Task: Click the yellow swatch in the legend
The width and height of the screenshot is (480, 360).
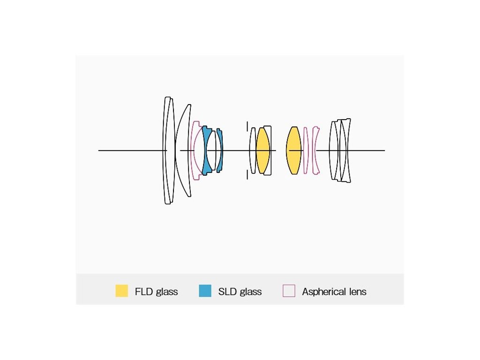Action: [121, 291]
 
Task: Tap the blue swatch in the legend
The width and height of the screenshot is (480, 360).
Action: [205, 291]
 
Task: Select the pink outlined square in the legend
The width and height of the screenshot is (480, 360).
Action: [289, 291]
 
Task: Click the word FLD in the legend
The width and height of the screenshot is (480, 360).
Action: [144, 292]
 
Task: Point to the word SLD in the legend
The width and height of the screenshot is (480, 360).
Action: [227, 292]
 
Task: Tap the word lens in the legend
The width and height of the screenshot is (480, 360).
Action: [358, 292]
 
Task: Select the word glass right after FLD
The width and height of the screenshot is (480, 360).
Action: [167, 292]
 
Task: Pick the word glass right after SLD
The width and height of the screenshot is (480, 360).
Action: [251, 292]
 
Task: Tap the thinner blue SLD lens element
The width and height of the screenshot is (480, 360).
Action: [220, 150]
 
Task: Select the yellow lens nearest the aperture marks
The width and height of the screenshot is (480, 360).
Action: [262, 150]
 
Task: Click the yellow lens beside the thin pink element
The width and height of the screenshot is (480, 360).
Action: [294, 150]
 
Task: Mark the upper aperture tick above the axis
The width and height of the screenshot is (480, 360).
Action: [247, 126]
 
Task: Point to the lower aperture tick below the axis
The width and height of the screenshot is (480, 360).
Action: [247, 175]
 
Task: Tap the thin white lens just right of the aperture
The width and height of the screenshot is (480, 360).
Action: [253, 150]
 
